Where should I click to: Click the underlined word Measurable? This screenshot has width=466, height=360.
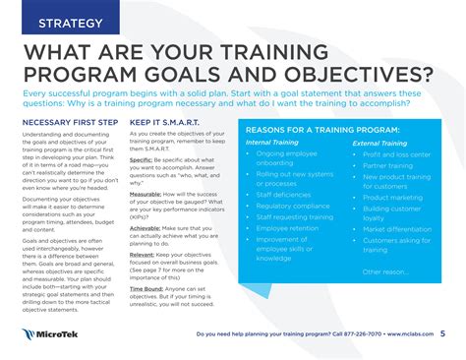(147, 194)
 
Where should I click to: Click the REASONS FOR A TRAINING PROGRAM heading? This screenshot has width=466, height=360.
(322, 130)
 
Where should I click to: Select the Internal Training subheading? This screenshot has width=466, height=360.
(272, 143)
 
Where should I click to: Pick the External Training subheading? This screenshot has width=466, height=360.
(379, 143)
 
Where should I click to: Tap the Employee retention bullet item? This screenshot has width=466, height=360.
(286, 227)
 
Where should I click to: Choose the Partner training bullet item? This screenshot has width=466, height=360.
(387, 166)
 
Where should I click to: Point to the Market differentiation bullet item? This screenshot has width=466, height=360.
(397, 229)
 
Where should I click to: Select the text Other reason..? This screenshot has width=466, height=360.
(384, 271)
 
